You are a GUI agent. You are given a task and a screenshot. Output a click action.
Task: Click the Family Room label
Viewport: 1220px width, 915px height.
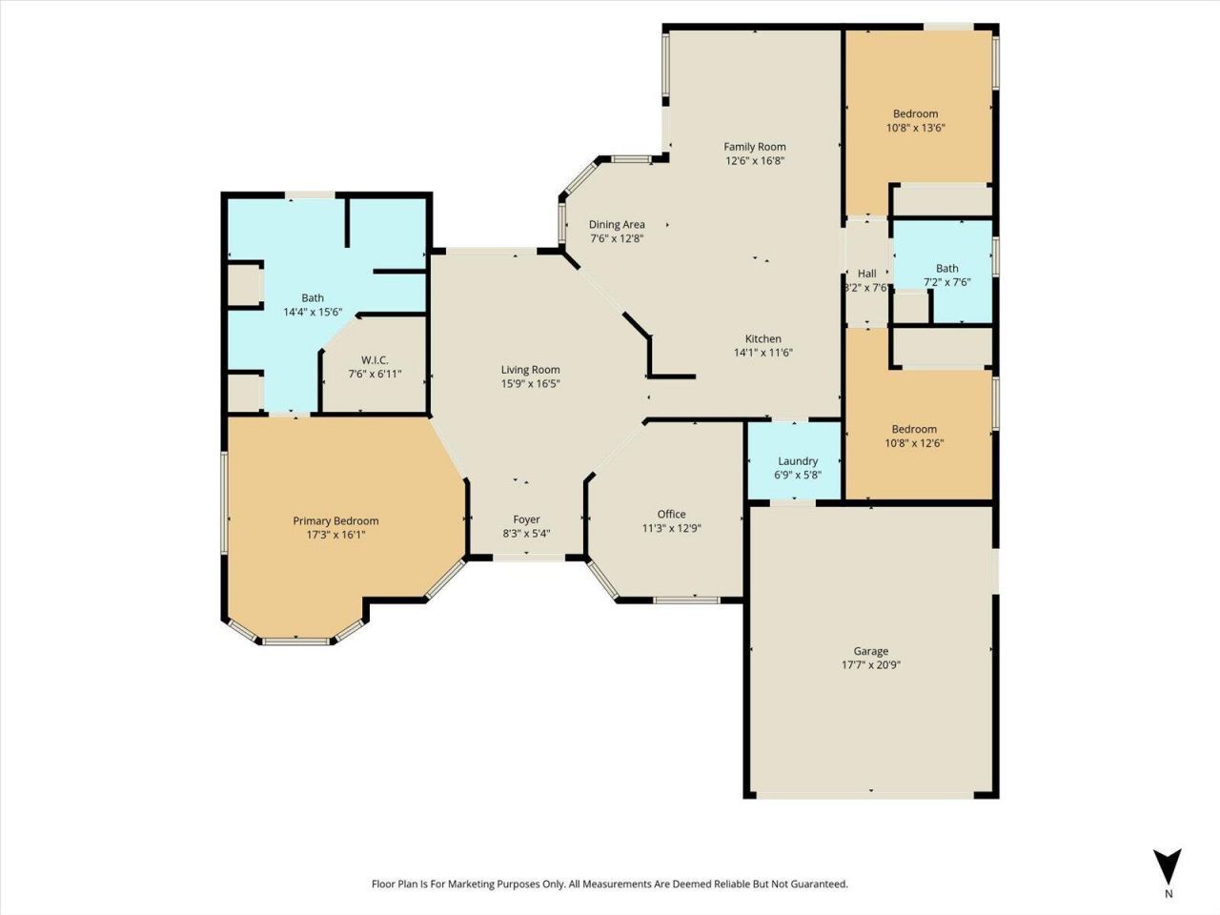754,147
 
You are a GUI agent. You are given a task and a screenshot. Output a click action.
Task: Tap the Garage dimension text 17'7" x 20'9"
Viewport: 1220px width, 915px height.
870,665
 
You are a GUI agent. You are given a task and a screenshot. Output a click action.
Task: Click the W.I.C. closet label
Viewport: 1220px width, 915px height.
375,359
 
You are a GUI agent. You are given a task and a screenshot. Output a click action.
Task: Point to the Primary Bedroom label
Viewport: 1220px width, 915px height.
335,520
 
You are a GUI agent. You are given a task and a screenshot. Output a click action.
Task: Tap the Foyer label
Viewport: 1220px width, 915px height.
526,519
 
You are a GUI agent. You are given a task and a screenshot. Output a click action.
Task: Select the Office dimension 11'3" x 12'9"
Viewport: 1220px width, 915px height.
671,528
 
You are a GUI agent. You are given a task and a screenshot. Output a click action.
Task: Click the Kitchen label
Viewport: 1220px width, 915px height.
762,338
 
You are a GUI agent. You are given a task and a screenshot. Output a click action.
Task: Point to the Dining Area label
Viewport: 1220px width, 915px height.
617,225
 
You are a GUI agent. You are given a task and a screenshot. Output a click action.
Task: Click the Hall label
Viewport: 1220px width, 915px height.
866,274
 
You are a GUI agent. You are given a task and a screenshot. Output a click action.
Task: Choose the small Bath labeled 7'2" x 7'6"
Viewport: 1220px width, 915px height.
946,274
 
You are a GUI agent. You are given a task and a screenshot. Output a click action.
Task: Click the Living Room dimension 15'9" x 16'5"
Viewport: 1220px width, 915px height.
531,383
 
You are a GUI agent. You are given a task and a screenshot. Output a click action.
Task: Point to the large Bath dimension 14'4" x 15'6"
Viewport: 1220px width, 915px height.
313,312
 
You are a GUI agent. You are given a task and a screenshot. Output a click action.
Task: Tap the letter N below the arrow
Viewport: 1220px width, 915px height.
1169,894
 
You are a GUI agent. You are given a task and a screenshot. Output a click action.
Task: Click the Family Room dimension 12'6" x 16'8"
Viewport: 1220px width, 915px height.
755,161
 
